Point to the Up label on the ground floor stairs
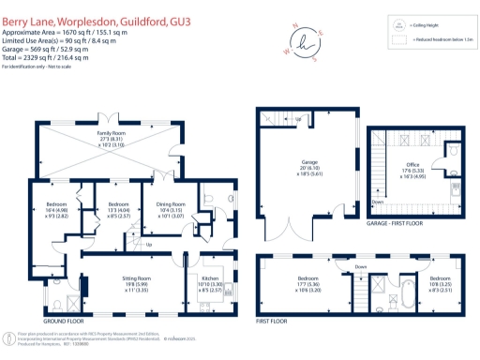[148, 246]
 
